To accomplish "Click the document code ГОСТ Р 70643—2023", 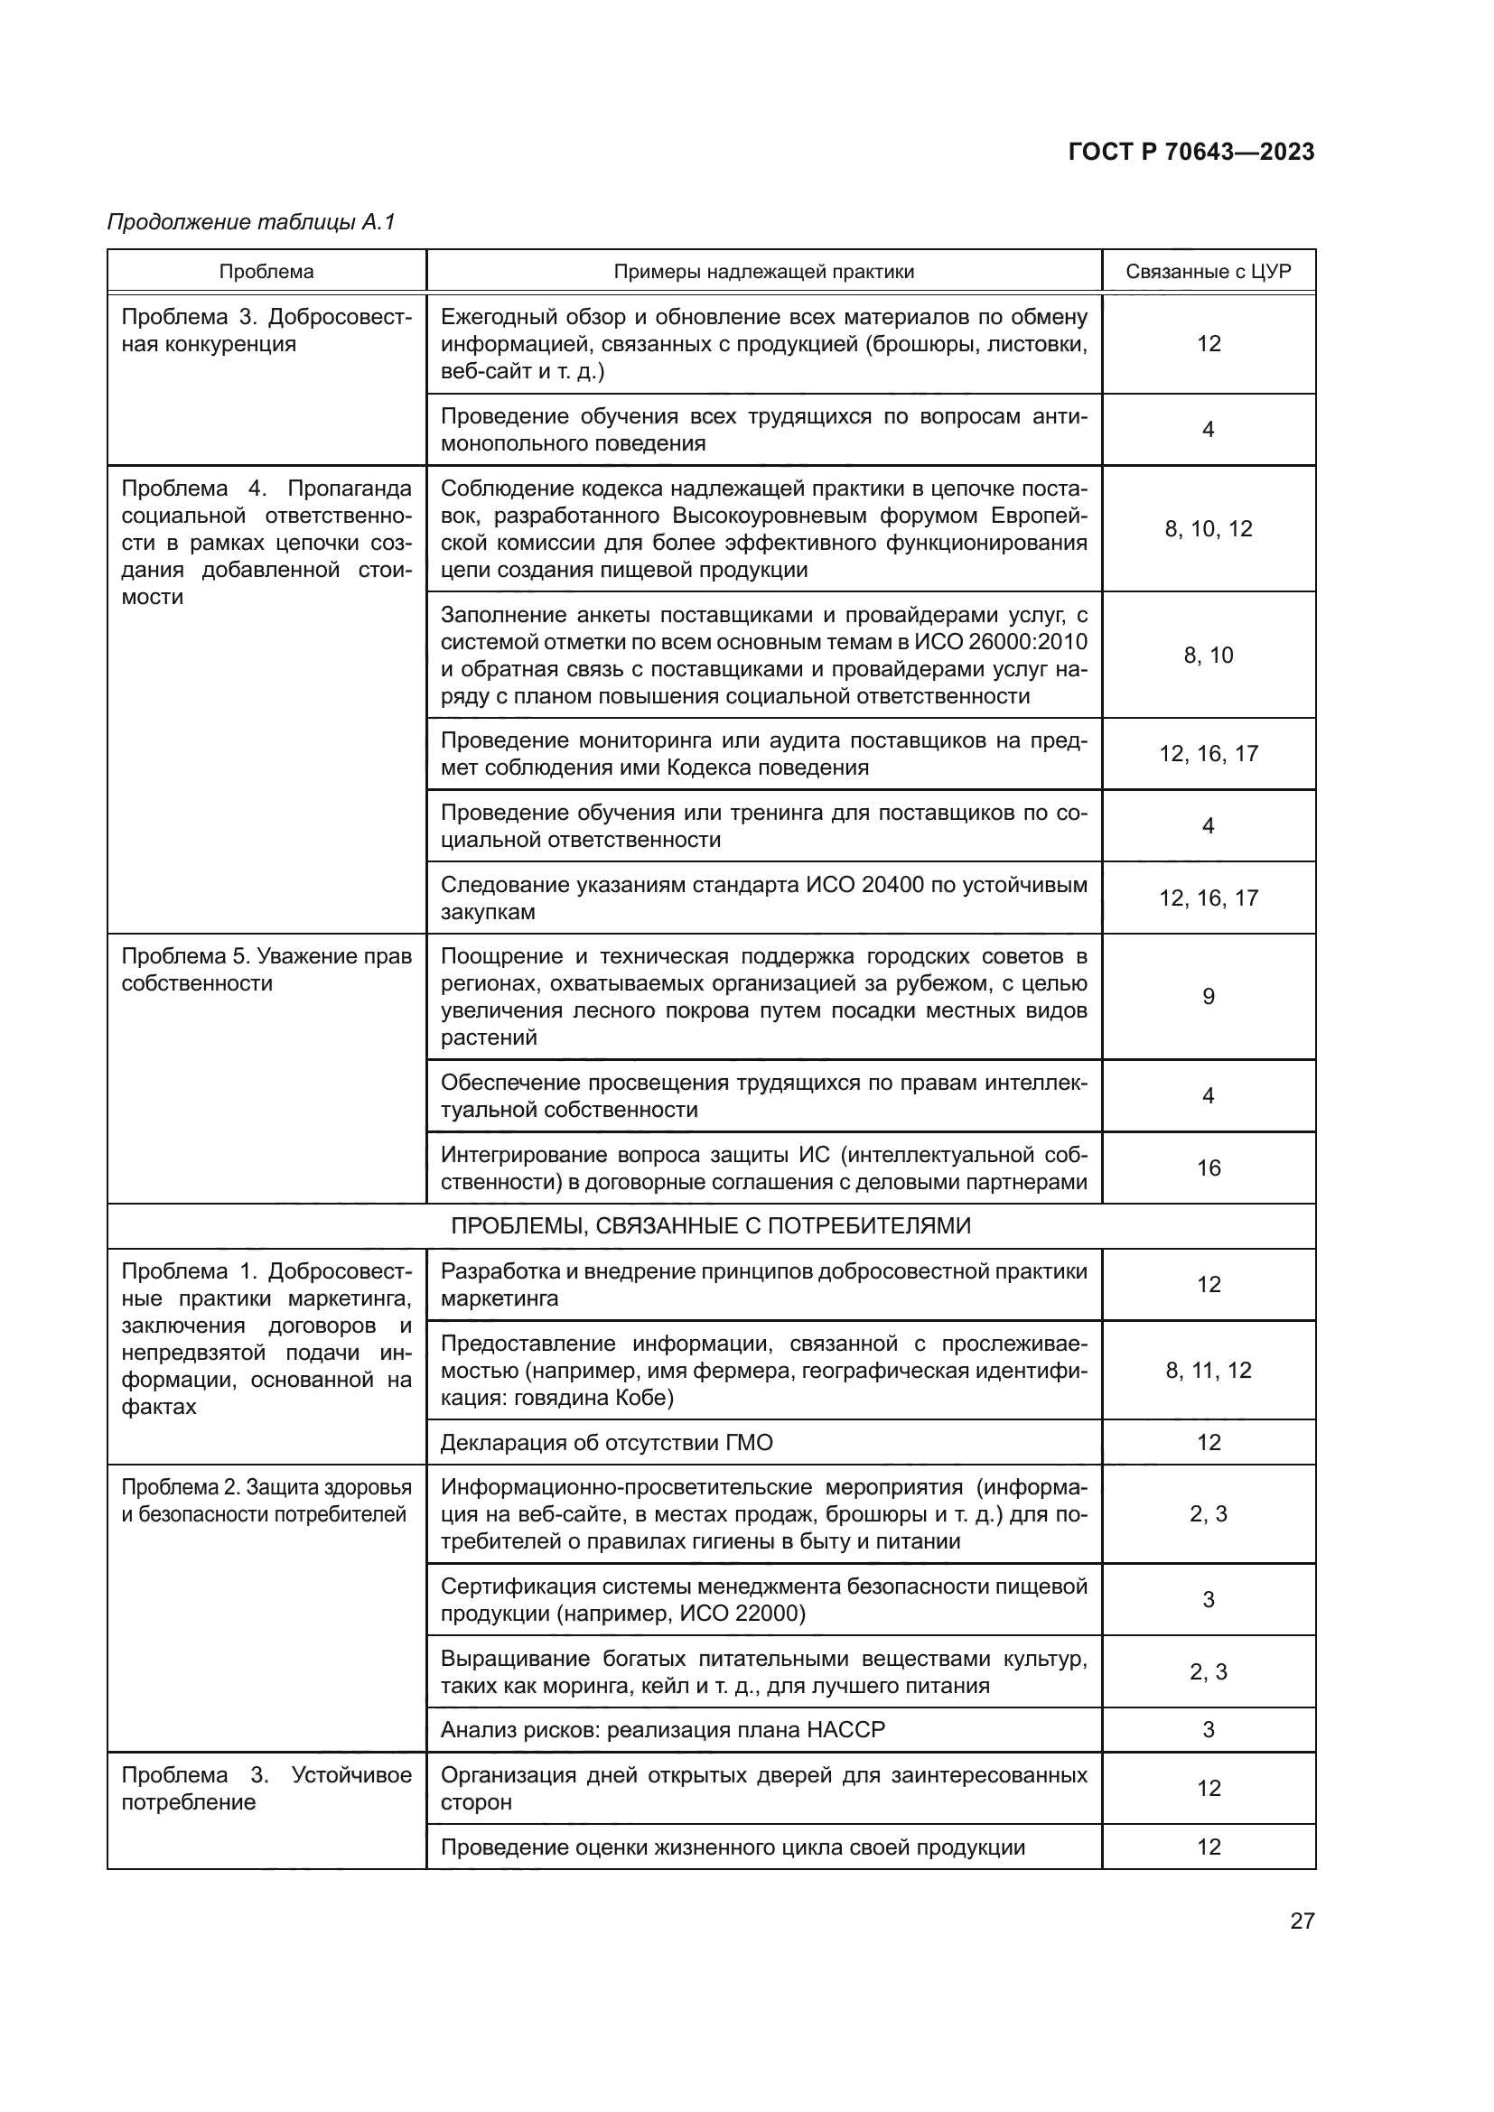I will point(1191,153).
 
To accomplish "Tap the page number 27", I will point(1302,1921).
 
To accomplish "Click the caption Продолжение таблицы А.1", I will point(251,222).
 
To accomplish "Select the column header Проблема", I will point(266,272).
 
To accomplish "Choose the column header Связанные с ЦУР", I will point(1208,272).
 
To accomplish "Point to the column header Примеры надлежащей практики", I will point(763,272).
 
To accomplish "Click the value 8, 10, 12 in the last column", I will point(1208,529).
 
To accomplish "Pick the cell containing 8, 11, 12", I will point(1208,1371).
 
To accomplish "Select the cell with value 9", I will point(1208,996).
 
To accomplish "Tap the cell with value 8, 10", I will point(1208,655).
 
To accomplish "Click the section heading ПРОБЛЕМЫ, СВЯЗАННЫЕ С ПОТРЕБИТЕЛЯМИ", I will point(710,1226).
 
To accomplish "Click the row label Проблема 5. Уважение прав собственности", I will point(266,970).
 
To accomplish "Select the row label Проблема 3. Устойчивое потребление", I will point(266,1788).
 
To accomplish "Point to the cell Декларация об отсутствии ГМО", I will point(606,1442).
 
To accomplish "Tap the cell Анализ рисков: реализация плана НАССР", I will point(662,1730).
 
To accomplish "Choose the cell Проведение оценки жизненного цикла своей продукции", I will point(733,1847).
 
